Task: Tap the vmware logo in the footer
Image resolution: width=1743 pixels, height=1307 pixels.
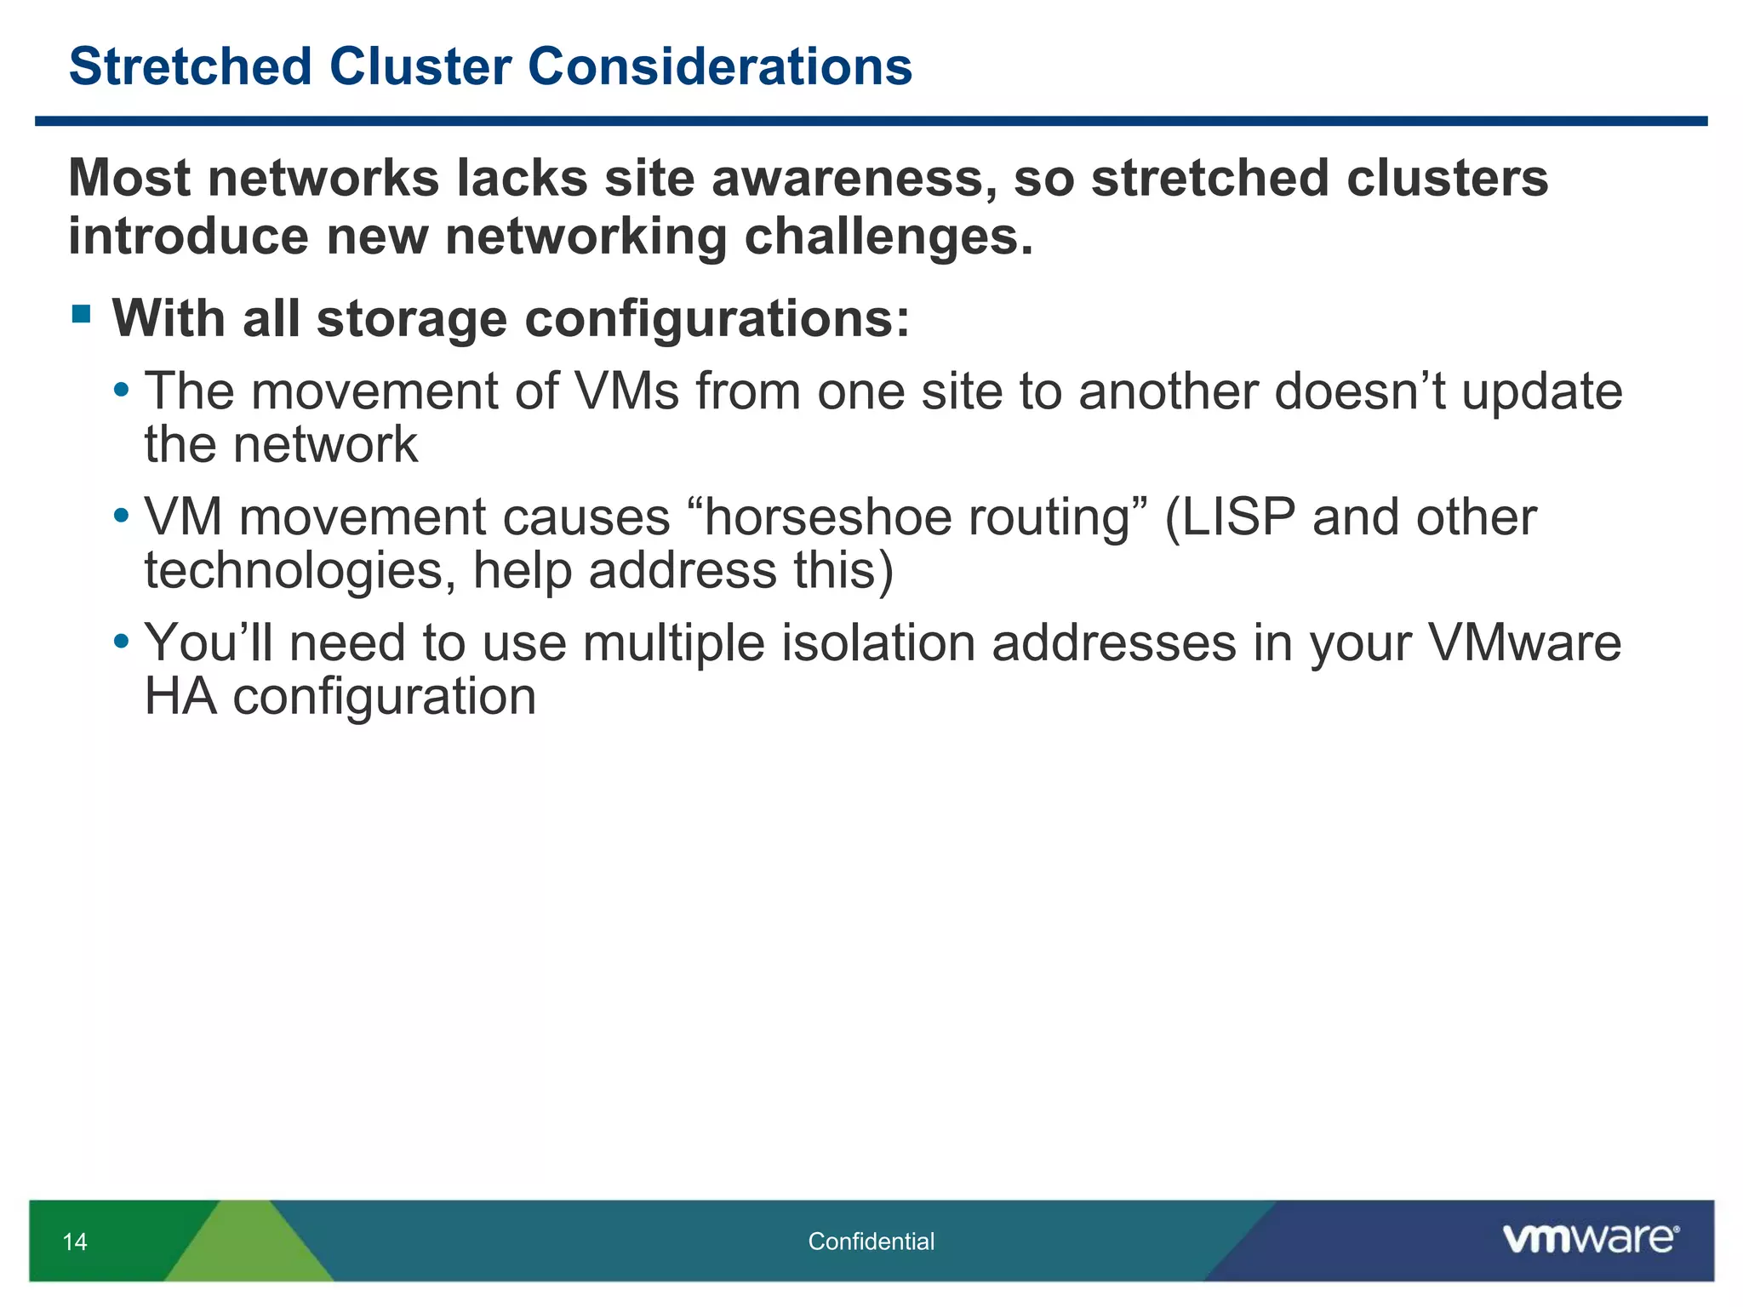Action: coord(1590,1239)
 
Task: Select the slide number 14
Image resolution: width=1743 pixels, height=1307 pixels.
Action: coord(75,1241)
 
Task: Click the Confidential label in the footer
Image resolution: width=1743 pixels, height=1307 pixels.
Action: coord(871,1241)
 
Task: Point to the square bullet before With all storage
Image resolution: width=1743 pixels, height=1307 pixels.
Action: coord(82,315)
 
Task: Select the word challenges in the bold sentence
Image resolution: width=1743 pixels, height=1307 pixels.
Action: coord(889,237)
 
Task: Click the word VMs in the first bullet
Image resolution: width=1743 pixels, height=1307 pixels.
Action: coord(627,391)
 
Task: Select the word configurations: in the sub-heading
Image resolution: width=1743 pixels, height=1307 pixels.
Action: coord(717,319)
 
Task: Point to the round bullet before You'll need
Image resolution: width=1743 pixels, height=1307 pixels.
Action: coord(122,639)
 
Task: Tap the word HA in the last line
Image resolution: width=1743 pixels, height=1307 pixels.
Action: coord(180,697)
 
